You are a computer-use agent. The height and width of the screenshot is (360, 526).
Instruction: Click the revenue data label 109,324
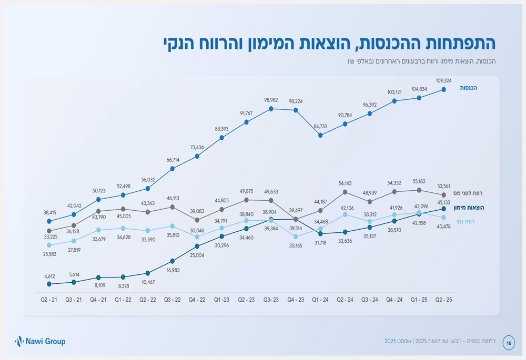[x=443, y=80]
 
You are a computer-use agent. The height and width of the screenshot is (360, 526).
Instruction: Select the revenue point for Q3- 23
[x=271, y=109]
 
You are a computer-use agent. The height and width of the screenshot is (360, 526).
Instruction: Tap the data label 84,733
[x=320, y=126]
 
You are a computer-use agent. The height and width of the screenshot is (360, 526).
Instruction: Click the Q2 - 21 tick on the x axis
[x=49, y=300]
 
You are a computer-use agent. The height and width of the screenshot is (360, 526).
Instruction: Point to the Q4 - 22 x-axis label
[x=197, y=300]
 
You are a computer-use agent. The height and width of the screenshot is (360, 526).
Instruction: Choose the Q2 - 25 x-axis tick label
[x=443, y=300]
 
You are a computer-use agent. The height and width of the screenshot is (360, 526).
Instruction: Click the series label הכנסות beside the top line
[x=468, y=88]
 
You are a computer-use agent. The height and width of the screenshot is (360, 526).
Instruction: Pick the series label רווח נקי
[x=465, y=222]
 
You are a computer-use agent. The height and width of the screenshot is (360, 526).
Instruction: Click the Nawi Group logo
[x=41, y=342]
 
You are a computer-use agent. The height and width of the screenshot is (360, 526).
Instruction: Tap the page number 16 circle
[x=509, y=343]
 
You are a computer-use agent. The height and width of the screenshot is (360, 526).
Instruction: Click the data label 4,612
[x=49, y=276]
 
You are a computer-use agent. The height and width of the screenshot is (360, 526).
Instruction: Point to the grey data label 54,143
[x=345, y=183]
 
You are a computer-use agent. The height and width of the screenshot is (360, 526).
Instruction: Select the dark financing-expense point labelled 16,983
[x=173, y=261]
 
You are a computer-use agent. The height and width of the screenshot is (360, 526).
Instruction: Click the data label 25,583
[x=49, y=254]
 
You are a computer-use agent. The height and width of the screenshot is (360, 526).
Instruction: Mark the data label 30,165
[x=296, y=245]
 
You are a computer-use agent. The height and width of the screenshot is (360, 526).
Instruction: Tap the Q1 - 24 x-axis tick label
[x=320, y=300]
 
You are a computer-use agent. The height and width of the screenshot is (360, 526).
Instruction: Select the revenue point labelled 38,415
[x=49, y=221]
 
